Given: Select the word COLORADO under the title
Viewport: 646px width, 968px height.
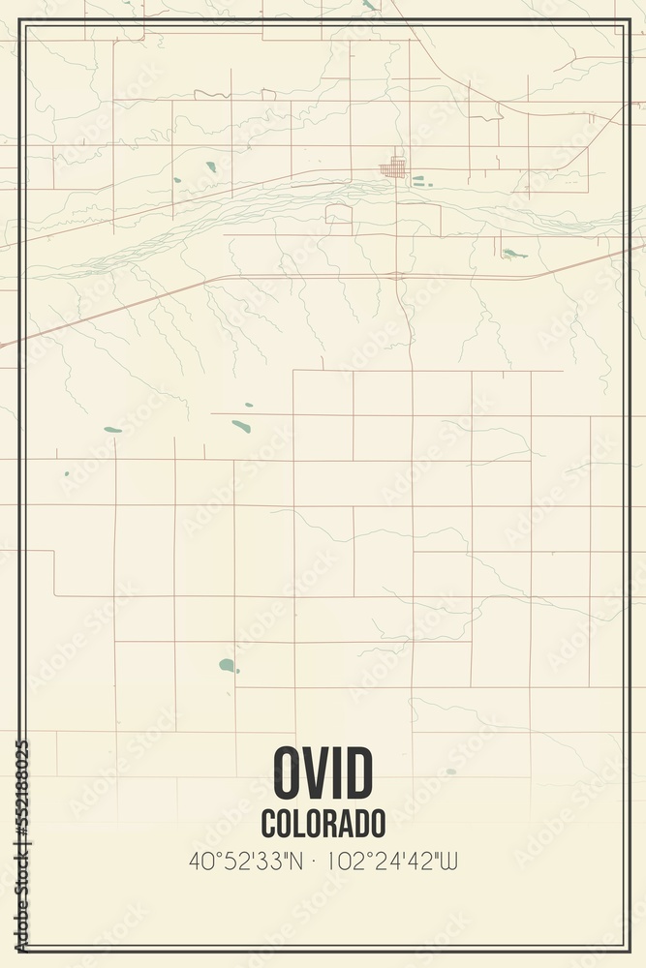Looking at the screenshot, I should tap(323, 824).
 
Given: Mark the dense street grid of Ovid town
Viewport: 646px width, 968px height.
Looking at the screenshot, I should tap(393, 167).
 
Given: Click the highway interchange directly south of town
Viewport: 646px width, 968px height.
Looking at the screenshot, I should tap(399, 276).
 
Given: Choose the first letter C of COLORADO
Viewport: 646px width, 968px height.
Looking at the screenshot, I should tap(267, 824).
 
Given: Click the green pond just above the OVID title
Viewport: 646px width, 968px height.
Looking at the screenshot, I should tap(228, 665).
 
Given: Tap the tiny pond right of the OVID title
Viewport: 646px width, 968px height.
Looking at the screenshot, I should tap(449, 771).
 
